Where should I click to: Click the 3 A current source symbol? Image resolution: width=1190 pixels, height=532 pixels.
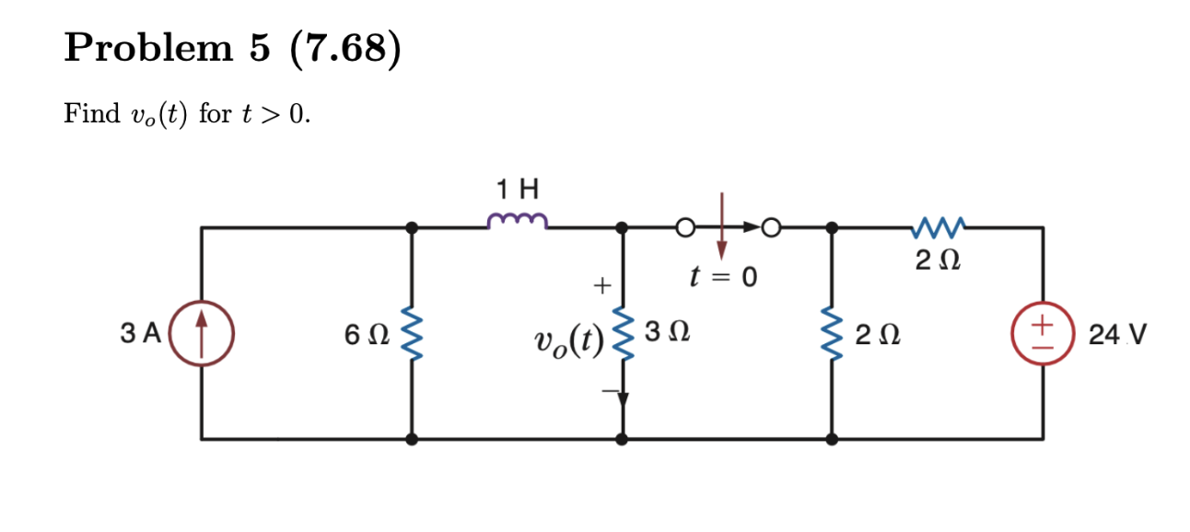(203, 332)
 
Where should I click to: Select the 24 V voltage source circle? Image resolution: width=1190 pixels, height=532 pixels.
(1042, 332)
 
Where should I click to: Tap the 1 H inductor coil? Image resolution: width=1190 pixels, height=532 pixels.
(518, 221)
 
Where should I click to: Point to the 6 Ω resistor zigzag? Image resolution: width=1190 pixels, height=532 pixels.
(412, 332)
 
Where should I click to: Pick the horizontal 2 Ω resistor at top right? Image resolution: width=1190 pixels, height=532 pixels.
(937, 226)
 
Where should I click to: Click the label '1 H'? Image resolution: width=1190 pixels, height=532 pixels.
(518, 191)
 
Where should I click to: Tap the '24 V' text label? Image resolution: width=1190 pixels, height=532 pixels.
(1116, 333)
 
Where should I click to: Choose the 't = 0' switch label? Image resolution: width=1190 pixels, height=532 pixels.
(722, 275)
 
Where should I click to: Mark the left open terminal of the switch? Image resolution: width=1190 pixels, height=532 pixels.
(683, 226)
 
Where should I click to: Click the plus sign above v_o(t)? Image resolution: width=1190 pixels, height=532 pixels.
(600, 287)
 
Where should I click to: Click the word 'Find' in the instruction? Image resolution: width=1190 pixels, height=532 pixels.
(91, 114)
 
